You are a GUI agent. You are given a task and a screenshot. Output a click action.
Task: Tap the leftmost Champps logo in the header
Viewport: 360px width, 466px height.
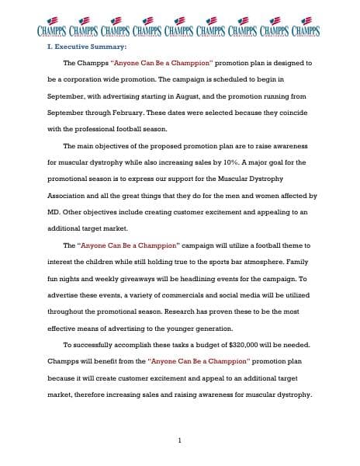click(x=50, y=27)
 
